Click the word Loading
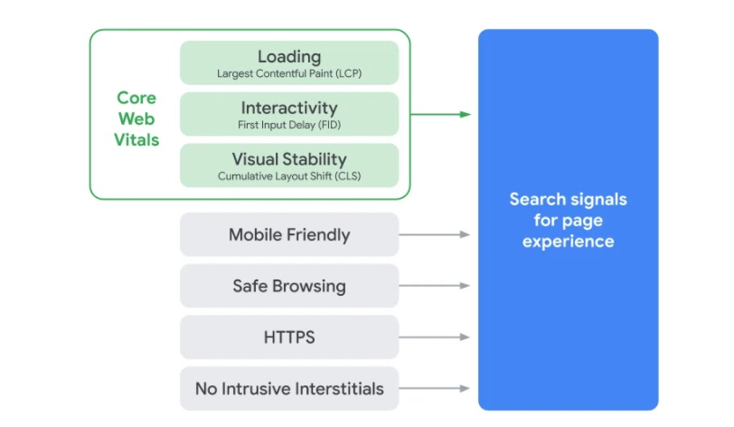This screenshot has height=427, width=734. click(x=289, y=56)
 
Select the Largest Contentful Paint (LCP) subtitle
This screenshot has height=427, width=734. click(x=289, y=72)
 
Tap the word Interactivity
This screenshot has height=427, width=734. click(x=289, y=108)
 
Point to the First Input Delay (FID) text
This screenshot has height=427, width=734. click(x=289, y=124)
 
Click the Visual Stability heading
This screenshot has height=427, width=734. click(x=289, y=159)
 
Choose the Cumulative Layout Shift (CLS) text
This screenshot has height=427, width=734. click(x=289, y=176)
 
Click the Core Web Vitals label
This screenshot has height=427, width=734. click(x=136, y=119)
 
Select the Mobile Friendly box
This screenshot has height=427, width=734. click(x=289, y=235)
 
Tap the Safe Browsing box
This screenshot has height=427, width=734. click(x=289, y=286)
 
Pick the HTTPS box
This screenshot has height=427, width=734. click(x=289, y=337)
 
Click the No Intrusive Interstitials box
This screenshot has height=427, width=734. click(x=289, y=389)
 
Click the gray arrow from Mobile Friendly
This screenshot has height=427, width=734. click(x=435, y=235)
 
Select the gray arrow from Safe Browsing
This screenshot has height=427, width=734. click(x=435, y=286)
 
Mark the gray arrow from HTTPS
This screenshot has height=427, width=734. click(x=435, y=337)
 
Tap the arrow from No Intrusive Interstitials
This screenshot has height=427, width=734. click(x=435, y=389)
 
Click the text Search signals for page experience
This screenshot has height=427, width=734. click(x=568, y=220)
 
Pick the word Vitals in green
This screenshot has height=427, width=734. click(x=136, y=140)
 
